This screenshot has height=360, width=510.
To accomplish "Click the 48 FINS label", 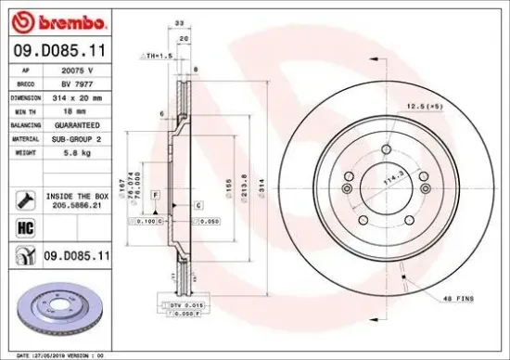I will (x=457, y=298).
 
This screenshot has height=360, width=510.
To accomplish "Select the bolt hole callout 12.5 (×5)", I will (x=425, y=108).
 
